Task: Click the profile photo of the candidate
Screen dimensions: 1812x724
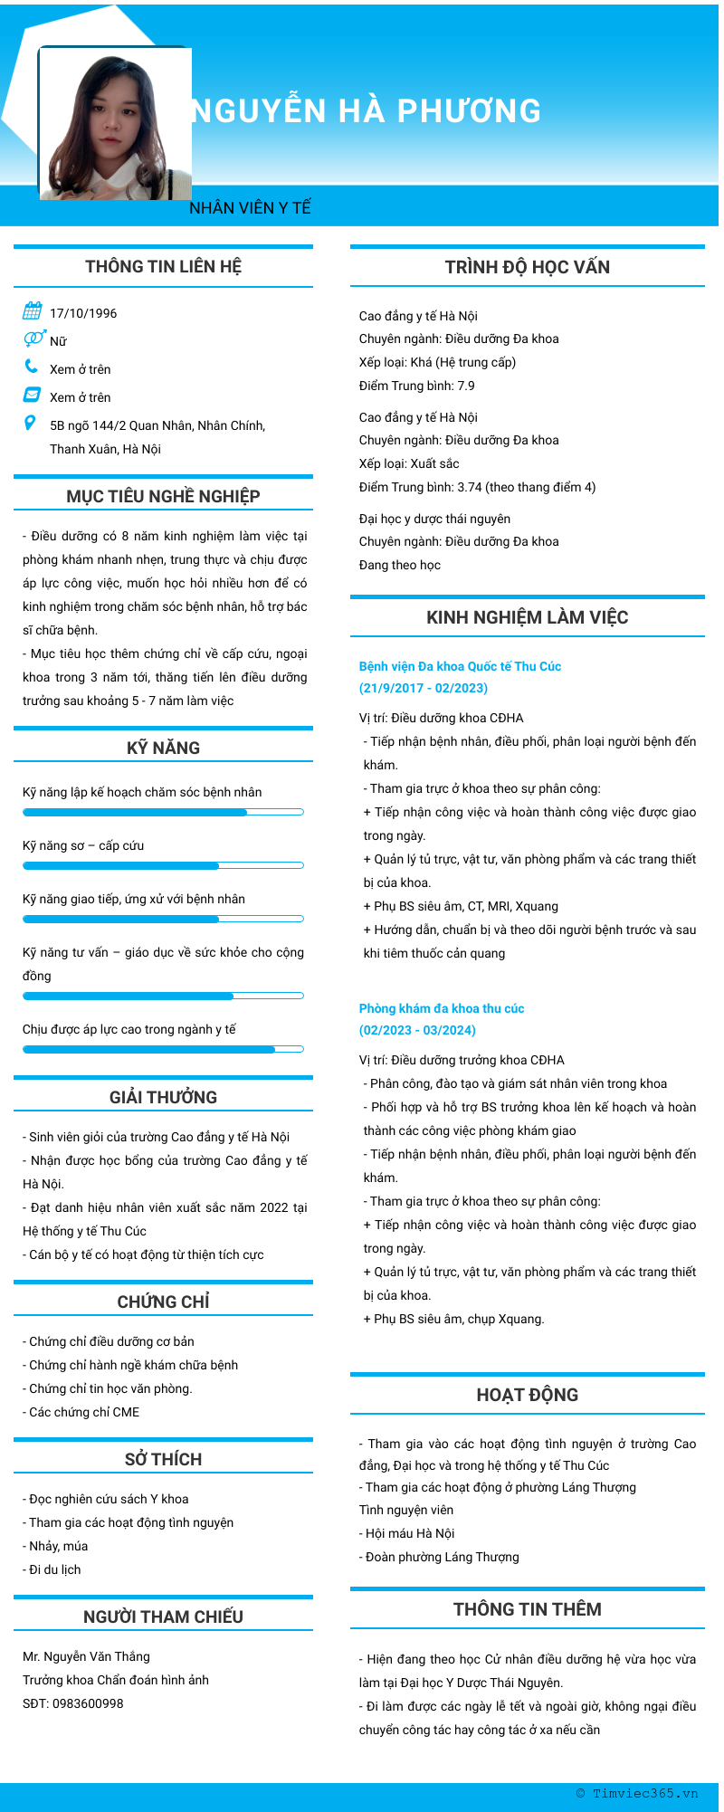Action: coord(115,124)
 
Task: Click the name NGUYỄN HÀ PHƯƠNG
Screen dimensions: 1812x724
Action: coord(366,110)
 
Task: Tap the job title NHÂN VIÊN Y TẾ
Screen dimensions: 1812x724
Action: coord(250,208)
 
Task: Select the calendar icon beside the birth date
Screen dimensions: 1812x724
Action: coord(32,311)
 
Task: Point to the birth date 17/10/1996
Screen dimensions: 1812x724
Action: coord(83,313)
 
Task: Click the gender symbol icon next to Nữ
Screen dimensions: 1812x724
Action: coord(34,339)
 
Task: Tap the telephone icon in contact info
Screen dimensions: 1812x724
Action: coord(32,367)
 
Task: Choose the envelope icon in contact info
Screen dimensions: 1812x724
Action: coord(32,395)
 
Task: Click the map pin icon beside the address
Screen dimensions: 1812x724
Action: coord(31,423)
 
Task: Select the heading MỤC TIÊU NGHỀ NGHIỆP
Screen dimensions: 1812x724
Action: coord(163,496)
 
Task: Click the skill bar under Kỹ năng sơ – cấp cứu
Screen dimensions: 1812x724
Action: coord(163,866)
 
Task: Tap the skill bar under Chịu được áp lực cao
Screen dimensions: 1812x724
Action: coord(163,1050)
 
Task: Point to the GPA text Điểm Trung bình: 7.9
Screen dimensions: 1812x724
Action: coord(416,386)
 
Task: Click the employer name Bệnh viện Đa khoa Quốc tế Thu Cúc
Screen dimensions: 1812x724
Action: coord(460,666)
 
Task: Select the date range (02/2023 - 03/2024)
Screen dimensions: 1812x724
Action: coord(417,1030)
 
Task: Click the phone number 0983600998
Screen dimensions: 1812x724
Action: coord(89,1703)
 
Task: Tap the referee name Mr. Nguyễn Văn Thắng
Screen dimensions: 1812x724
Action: coord(86,1656)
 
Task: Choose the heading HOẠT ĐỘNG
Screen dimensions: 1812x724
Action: coord(527,1395)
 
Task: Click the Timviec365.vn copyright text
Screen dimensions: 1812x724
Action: coord(637,1793)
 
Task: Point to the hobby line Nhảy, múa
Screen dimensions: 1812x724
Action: coord(58,1546)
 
